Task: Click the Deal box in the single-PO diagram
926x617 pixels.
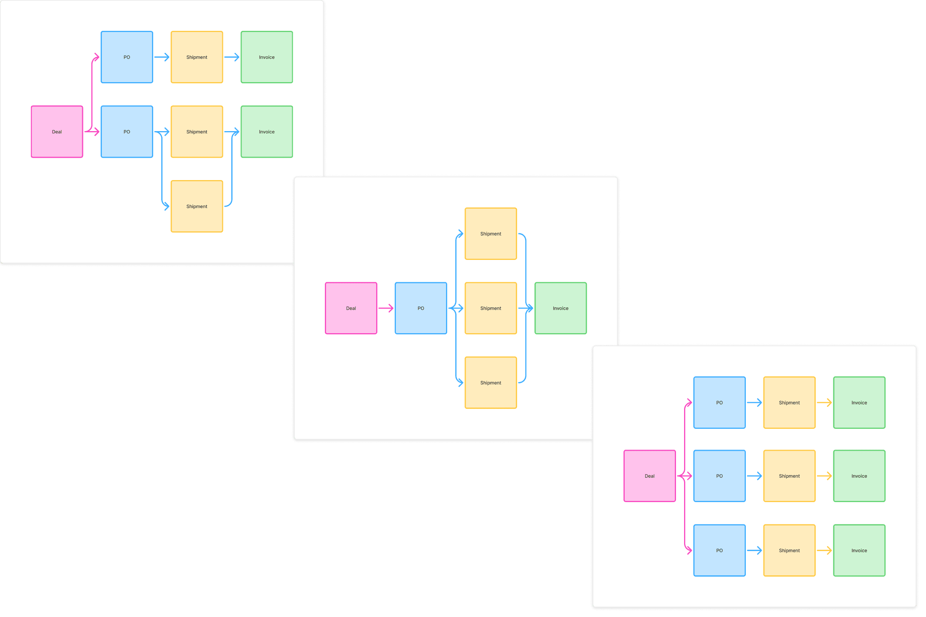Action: pyautogui.click(x=351, y=308)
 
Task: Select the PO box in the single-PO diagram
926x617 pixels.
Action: pyautogui.click(x=421, y=308)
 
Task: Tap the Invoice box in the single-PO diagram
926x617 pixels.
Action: pyautogui.click(x=560, y=308)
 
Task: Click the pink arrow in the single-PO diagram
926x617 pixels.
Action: pyautogui.click(x=385, y=308)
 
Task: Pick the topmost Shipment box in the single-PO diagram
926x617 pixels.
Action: pyautogui.click(x=490, y=234)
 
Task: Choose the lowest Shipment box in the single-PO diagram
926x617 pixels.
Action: pyautogui.click(x=490, y=383)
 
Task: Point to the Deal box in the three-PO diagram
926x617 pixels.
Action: pyautogui.click(x=649, y=476)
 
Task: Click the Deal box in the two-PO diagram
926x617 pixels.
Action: pyautogui.click(x=57, y=132)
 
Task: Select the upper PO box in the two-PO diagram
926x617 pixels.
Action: pyautogui.click(x=127, y=57)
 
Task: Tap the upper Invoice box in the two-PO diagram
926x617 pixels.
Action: pyautogui.click(x=267, y=57)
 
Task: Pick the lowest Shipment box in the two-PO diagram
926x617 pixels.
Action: pyautogui.click(x=196, y=206)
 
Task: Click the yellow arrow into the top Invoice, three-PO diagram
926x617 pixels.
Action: pyautogui.click(x=824, y=403)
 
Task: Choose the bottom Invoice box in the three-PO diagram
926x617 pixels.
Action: pyautogui.click(x=859, y=550)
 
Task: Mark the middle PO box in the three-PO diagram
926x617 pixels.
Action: pyautogui.click(x=719, y=476)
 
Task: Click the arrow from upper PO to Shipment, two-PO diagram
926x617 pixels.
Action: pyautogui.click(x=161, y=57)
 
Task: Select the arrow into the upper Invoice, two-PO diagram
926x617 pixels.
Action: pyautogui.click(x=231, y=57)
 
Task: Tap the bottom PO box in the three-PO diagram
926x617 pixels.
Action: pyautogui.click(x=719, y=550)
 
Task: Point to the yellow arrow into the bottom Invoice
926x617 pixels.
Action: pyautogui.click(x=824, y=550)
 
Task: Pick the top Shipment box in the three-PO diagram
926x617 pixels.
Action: pyautogui.click(x=789, y=403)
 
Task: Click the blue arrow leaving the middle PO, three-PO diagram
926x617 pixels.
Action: pyautogui.click(x=754, y=476)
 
